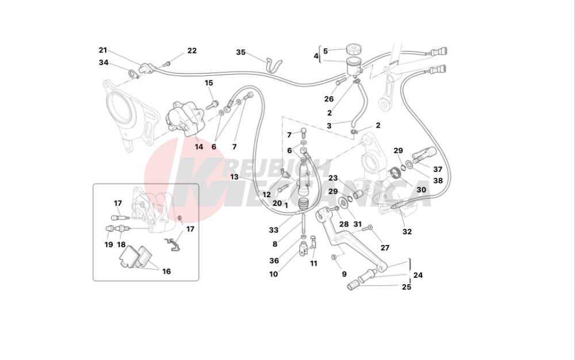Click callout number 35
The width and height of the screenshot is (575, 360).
click(x=240, y=52)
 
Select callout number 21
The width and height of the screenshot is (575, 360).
click(x=103, y=50)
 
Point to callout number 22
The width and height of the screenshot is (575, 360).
click(x=192, y=51)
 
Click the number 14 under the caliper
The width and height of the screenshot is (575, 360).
click(x=199, y=147)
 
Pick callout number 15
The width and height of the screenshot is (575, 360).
click(x=209, y=83)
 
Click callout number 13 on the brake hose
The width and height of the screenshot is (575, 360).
click(x=234, y=177)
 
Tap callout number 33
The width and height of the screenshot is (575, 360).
click(x=274, y=230)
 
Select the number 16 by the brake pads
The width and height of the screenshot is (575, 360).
click(x=167, y=271)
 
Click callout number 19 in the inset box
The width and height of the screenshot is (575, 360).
click(x=109, y=244)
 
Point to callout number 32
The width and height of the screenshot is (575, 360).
click(x=407, y=231)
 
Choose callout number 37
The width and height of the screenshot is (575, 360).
click(x=438, y=170)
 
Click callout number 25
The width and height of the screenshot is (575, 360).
click(x=407, y=287)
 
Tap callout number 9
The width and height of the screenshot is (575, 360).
click(x=344, y=274)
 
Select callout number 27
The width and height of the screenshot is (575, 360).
click(x=385, y=248)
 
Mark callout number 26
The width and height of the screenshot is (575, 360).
click(x=329, y=99)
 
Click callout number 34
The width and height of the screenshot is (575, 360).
click(x=103, y=63)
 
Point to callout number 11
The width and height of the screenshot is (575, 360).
click(x=313, y=263)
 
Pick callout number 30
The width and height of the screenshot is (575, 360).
click(x=421, y=190)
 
